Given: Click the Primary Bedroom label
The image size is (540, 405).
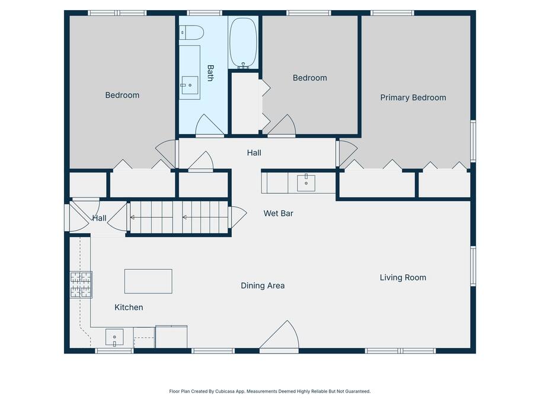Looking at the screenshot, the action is click(413, 98).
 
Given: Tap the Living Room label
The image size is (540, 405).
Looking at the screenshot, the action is click(403, 278).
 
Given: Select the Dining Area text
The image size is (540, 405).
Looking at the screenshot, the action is click(263, 286).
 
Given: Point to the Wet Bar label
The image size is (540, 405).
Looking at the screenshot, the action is click(278, 213).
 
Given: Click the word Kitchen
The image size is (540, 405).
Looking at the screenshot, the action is click(129, 307).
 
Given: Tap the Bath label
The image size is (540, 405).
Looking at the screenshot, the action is click(210, 73).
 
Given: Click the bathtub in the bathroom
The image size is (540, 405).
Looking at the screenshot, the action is click(243, 43).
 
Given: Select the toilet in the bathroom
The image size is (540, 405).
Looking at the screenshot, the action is click(191, 33).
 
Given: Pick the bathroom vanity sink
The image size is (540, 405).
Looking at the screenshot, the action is click(190, 85).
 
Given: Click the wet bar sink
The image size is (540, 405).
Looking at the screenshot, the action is click(306, 183).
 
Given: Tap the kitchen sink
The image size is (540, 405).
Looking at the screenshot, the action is click(114, 337).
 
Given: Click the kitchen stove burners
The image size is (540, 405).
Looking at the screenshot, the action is click(81, 285).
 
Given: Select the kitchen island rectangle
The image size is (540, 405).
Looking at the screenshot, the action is click(148, 281).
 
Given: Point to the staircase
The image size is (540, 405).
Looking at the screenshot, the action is click(179, 218).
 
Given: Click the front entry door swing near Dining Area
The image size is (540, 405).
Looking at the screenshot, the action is click(279, 336).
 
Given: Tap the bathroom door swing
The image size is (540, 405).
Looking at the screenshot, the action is click(210, 125).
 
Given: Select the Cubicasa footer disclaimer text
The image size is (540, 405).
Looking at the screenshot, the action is click(270, 391).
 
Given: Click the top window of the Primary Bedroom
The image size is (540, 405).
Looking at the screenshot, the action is click(392, 13).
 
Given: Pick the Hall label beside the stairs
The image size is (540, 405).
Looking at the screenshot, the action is click(99, 218).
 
